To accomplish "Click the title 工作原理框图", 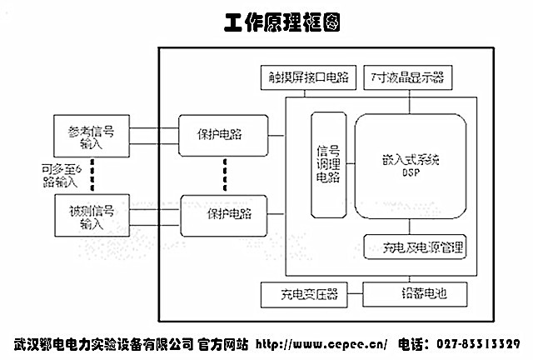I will point(281,21).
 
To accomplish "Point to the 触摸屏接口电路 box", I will point(308,79).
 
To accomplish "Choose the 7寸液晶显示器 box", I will point(408,79).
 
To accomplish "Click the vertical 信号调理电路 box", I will point(327,164).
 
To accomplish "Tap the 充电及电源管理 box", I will point(415,247).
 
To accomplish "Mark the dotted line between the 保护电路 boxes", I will point(224,174).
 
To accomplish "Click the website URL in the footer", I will point(321,344).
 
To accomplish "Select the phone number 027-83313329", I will point(478,344).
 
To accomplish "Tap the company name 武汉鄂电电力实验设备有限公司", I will point(102,344).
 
